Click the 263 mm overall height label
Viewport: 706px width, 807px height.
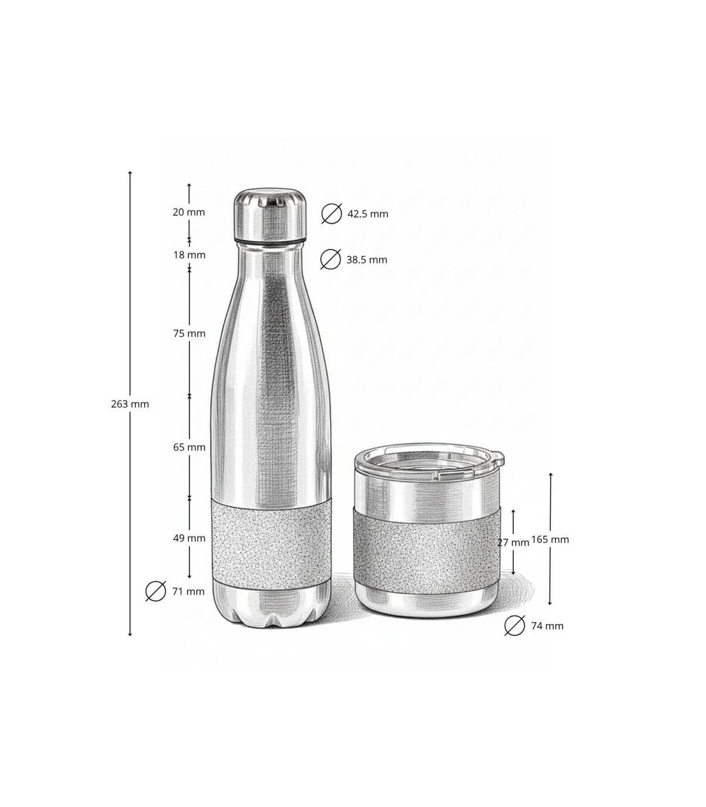click(x=130, y=404)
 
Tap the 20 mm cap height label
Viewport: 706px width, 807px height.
click(x=188, y=212)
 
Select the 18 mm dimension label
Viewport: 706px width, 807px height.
click(x=189, y=255)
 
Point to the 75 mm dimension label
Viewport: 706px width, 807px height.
click(x=189, y=334)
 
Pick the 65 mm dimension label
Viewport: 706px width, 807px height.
click(x=189, y=447)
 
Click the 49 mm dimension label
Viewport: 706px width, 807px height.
click(x=189, y=538)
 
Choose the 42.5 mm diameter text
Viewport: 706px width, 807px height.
click(x=368, y=214)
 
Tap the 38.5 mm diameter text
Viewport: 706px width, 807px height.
click(x=367, y=259)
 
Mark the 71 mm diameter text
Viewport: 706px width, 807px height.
click(x=188, y=591)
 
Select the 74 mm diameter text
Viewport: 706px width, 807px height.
click(x=547, y=626)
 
